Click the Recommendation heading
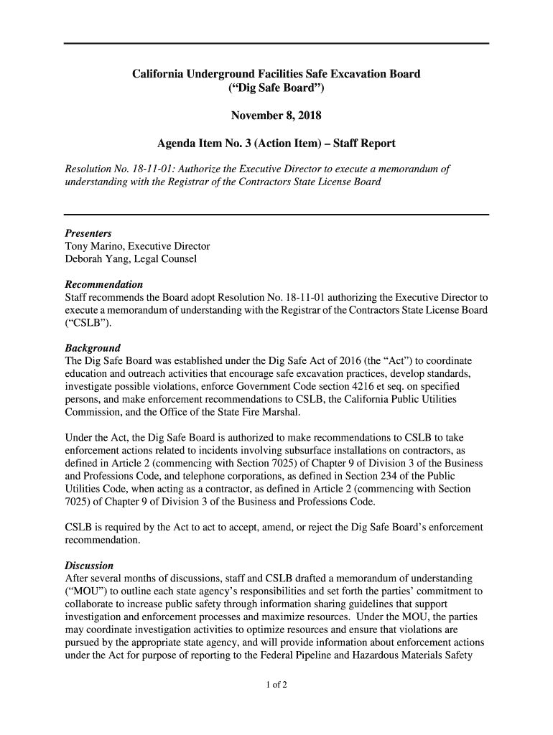tap(104, 284)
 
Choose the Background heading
tap(93, 347)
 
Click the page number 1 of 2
tap(276, 685)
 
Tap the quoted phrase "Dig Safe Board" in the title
tap(276, 89)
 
